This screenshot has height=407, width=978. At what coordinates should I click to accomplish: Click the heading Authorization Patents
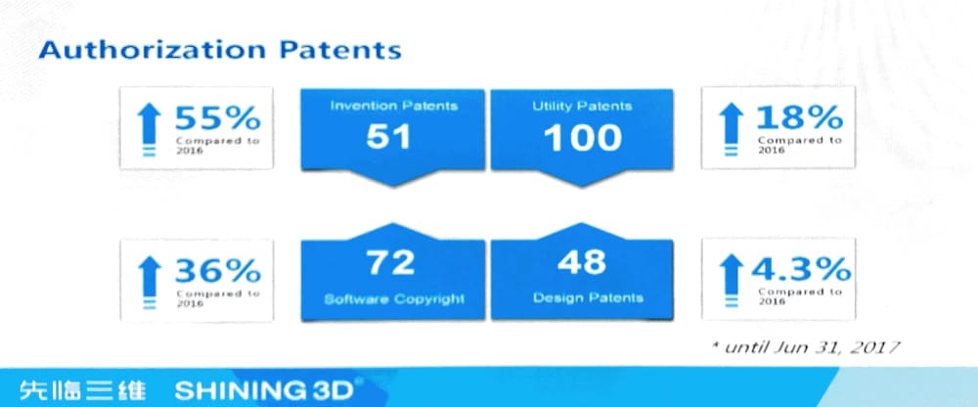pos(219,50)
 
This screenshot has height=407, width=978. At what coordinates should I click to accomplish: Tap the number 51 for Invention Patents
pos(388,138)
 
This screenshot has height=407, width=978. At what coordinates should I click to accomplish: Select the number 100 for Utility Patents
pos(583,138)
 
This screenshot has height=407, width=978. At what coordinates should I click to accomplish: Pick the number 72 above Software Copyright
pos(390,262)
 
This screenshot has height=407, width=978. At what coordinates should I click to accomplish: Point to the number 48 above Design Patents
pos(581,262)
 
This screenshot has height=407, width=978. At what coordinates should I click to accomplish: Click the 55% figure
pos(217,117)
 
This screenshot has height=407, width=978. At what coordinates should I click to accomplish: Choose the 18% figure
pos(800,117)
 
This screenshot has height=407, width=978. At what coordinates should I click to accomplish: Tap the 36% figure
pos(217,271)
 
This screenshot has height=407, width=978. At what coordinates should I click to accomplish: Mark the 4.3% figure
pos(801,270)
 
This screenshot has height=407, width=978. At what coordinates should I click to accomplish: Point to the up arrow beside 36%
pos(149,283)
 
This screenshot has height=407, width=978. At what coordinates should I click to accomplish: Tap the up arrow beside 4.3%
pos(732,281)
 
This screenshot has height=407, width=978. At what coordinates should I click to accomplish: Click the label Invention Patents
pos(393,106)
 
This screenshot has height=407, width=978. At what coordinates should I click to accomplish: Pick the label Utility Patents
pos(582,106)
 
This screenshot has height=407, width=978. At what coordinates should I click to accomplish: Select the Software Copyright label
pos(394,299)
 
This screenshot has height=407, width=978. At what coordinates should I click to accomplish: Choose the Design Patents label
pos(588,297)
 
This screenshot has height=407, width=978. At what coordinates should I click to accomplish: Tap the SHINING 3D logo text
pos(264,390)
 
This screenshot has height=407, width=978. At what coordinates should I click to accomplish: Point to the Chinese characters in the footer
pos(83,390)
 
